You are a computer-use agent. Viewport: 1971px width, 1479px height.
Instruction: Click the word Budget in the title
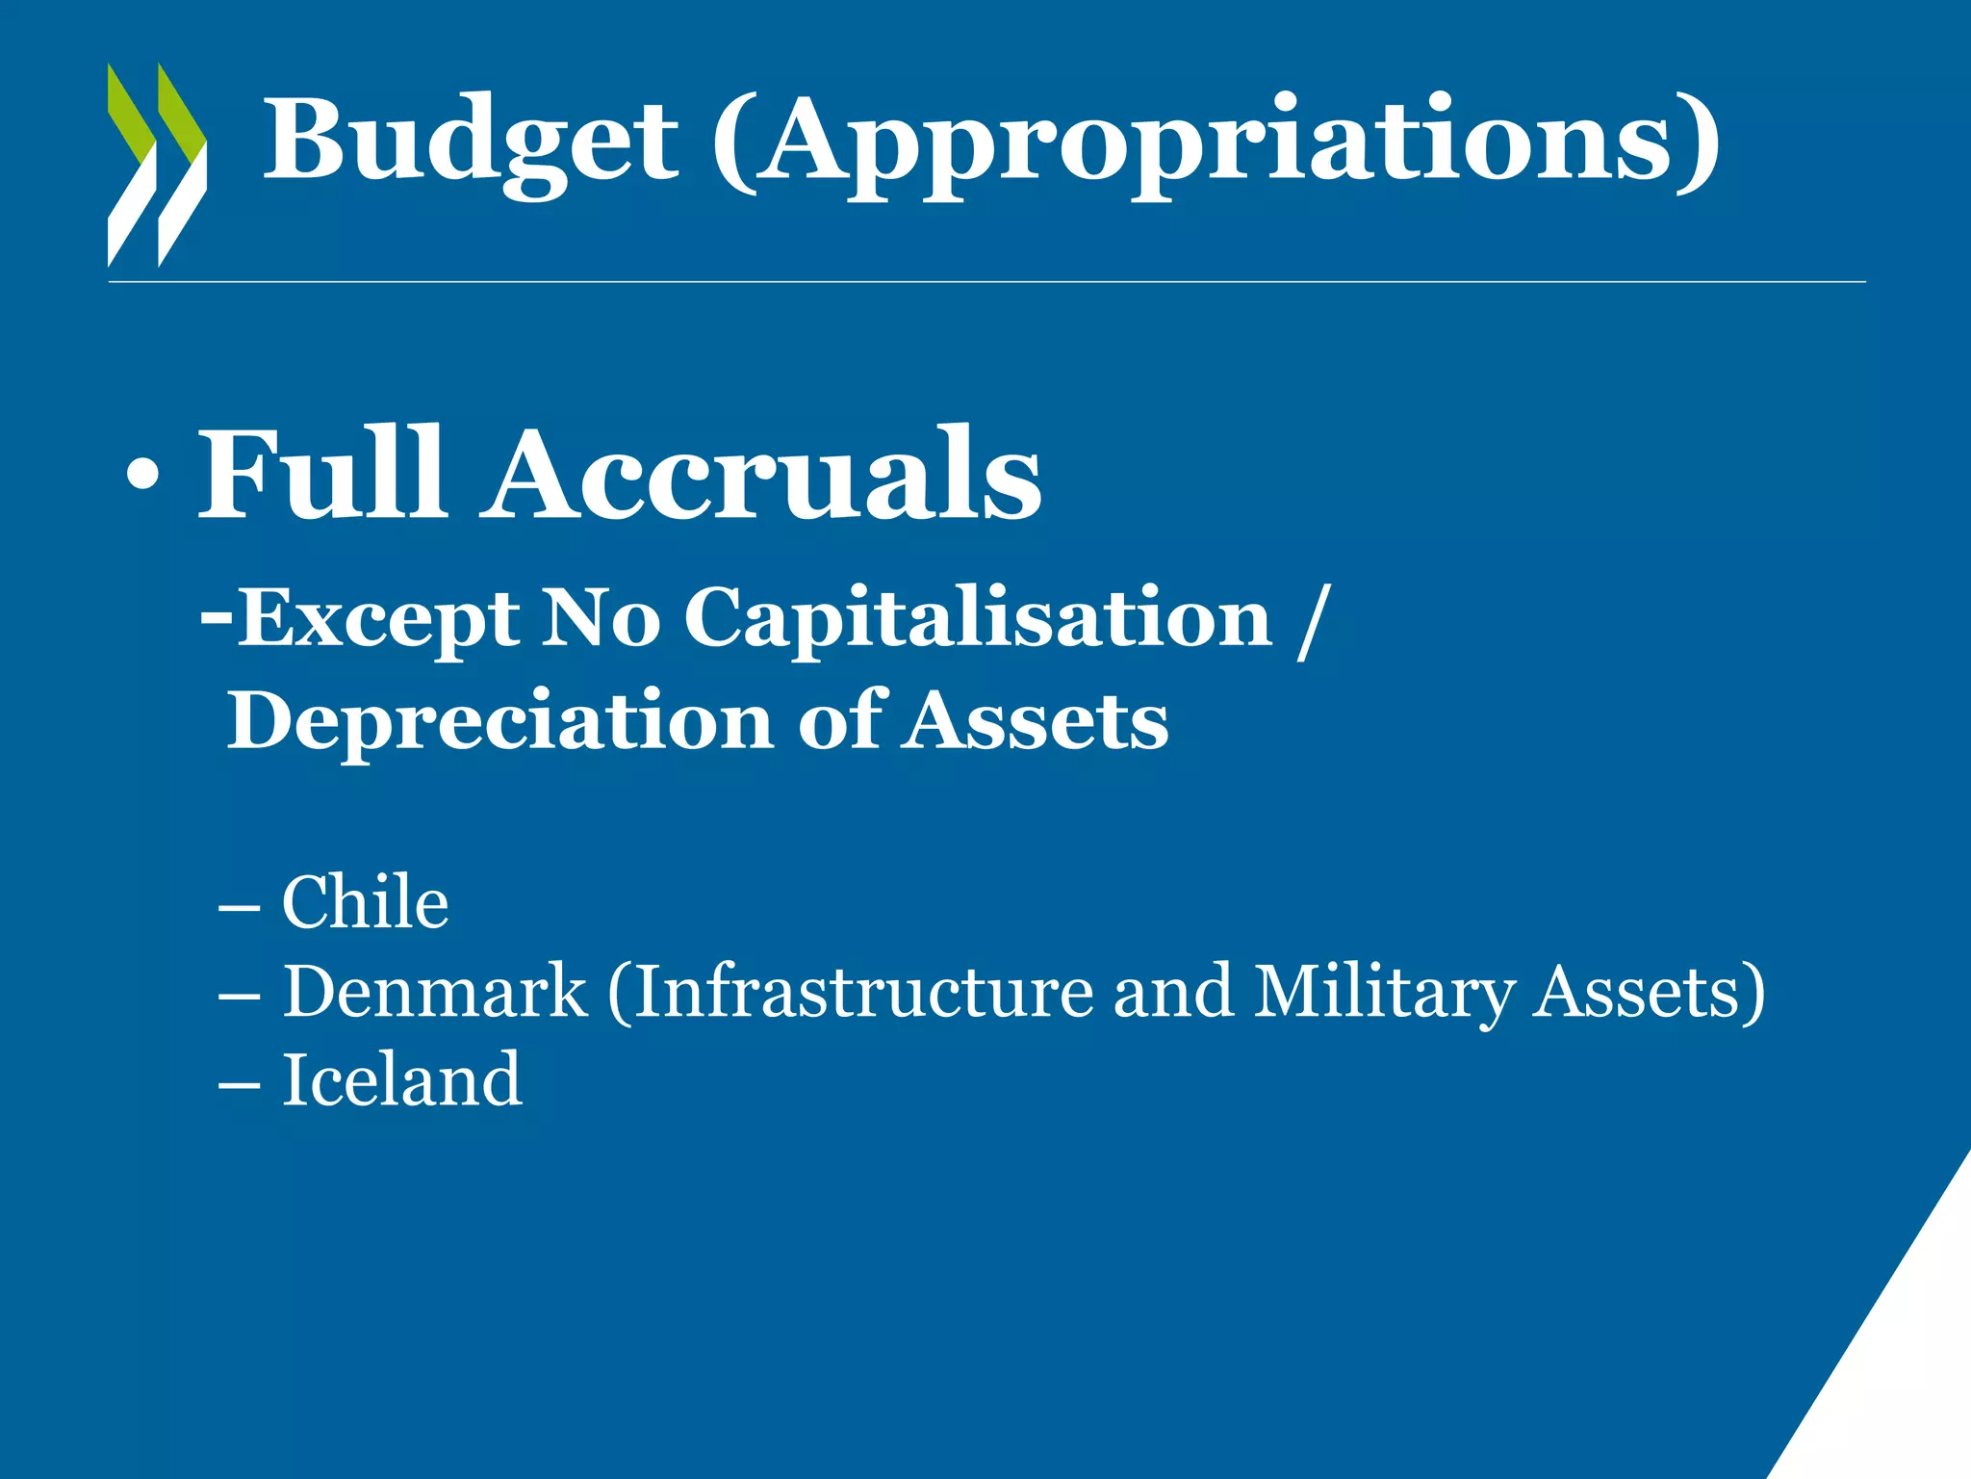point(471,141)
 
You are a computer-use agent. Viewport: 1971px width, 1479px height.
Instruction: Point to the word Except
point(377,619)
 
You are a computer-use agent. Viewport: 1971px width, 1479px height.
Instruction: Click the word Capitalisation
point(978,619)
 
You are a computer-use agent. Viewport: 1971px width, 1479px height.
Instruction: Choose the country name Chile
point(365,902)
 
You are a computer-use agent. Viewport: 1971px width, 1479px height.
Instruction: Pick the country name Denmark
point(434,991)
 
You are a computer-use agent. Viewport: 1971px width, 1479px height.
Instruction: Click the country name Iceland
point(401,1079)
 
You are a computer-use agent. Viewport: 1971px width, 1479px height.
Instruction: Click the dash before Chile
point(239,906)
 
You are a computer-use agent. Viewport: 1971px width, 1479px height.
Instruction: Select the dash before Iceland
point(239,1083)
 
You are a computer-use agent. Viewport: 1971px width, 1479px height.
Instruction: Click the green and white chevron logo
point(157,165)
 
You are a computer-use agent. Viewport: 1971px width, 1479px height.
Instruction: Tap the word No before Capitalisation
point(601,619)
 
